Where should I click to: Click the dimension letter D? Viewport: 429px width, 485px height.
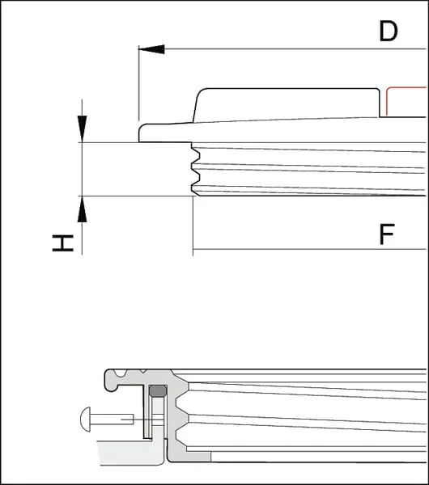coord(389,31)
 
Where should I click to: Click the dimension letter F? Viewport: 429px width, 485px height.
coord(387,234)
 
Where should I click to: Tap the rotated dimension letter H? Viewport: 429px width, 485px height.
coord(63,243)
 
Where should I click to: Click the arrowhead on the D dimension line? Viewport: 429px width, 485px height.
coord(151,49)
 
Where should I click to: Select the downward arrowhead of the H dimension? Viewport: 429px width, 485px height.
coord(82,129)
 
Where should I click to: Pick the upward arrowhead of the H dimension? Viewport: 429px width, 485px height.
coord(82,209)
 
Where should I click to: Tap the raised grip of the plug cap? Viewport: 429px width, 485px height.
coord(287,103)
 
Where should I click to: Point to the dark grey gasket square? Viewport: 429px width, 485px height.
coord(158,390)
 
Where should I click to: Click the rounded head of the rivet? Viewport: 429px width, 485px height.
coord(86,419)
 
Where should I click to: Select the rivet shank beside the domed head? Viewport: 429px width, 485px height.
coord(112,419)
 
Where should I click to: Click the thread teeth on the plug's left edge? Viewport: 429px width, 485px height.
coord(195,169)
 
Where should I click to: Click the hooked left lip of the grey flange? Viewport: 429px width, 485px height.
coord(112,381)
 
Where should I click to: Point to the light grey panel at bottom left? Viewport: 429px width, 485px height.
coord(130,453)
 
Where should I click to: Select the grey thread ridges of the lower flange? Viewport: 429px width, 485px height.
coord(181,415)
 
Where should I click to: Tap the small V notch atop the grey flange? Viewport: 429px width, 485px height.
coord(142,370)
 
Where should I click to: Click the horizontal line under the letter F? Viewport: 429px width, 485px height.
coord(309,249)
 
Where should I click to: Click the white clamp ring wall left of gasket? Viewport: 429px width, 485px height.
coord(148,411)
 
